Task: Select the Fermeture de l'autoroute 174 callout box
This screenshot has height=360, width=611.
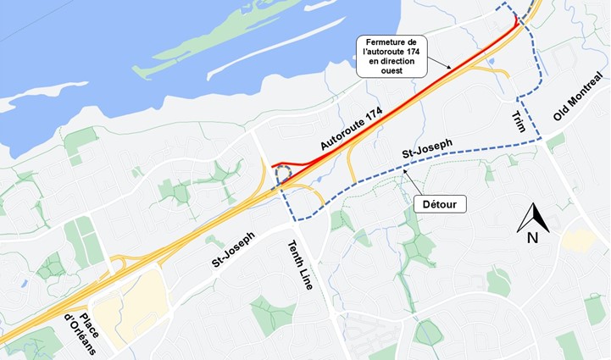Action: pos(392,57)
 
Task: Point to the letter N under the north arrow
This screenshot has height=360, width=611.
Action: pos(532,238)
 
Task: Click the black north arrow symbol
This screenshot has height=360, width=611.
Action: pos(532,217)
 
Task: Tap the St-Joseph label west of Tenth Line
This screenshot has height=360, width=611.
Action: pos(231,251)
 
